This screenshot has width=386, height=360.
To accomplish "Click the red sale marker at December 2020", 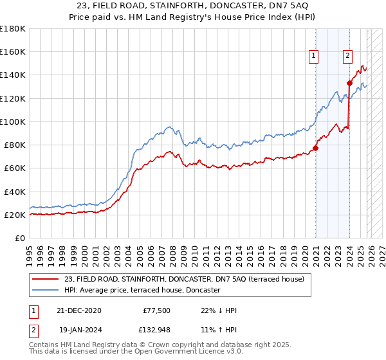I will click(316, 148).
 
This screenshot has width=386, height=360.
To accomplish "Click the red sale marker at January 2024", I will click(349, 83).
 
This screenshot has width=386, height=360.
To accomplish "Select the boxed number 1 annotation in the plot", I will click(314, 57).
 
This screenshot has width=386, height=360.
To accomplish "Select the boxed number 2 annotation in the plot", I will click(347, 57).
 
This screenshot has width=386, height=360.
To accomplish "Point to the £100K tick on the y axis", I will click(13, 122).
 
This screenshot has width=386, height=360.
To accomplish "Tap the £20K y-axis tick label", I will click(15, 215).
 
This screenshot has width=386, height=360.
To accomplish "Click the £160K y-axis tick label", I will click(13, 51).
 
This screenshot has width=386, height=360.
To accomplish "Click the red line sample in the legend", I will click(46, 278).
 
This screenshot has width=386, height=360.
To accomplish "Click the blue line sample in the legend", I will click(46, 290).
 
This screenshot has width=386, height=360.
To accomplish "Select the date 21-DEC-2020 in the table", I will click(74, 310).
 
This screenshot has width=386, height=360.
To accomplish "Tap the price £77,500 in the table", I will click(157, 310).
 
